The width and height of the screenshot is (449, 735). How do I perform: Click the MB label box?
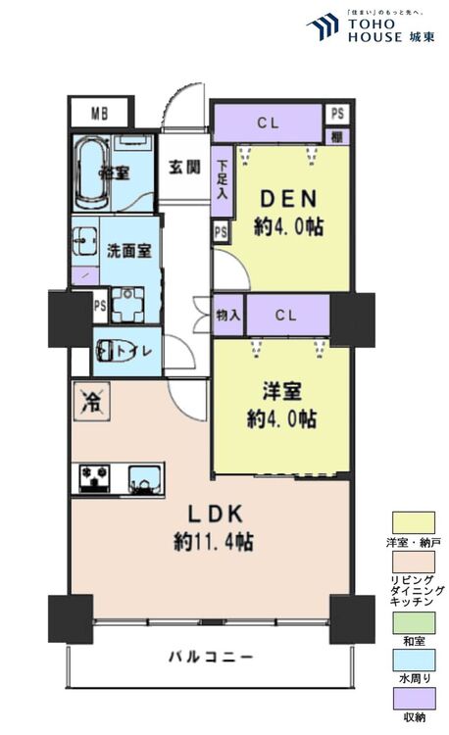pyautogui.click(x=100, y=112)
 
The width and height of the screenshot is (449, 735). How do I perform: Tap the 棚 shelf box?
pyautogui.click(x=336, y=135)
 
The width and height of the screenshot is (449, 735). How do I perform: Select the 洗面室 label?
pyautogui.click(x=128, y=249)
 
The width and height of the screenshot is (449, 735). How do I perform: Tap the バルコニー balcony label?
pyautogui.click(x=209, y=656)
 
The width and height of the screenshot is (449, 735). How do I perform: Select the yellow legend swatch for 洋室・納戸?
pyautogui.click(x=413, y=522)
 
